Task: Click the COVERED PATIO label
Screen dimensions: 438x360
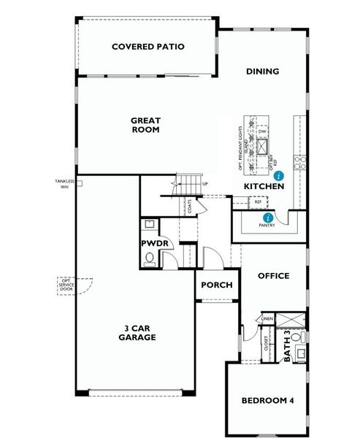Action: coord(148,47)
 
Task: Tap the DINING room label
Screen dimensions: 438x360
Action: coord(262,72)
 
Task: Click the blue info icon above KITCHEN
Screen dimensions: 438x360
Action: coord(278,176)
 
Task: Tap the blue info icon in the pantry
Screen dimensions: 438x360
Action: coord(268,218)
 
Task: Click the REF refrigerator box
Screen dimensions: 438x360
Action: coord(258,201)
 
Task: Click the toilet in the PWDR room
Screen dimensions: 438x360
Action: coord(150,257)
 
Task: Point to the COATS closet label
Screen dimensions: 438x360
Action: coord(189,207)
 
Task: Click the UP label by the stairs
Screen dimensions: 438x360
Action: coord(206,184)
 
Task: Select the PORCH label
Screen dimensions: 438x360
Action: coord(216,285)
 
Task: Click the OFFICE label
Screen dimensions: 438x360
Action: coord(274,276)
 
